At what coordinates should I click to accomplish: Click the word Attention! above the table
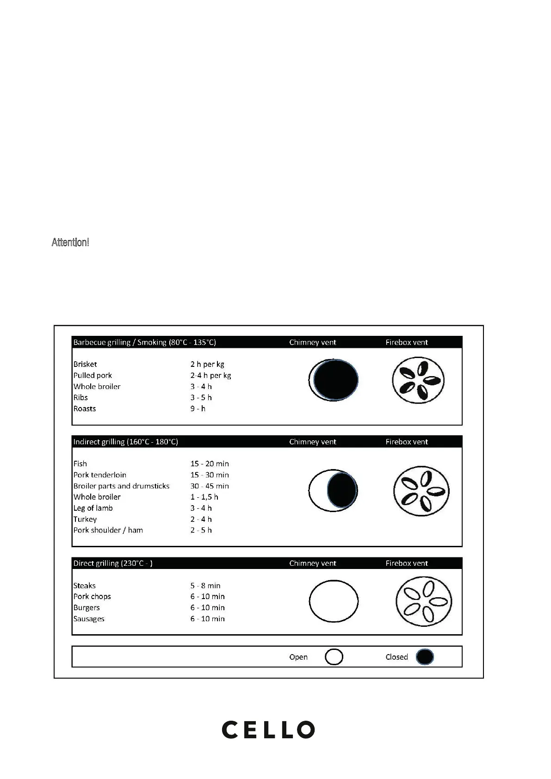pyautogui.click(x=70, y=242)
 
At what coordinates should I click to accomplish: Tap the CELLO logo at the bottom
pyautogui.click(x=268, y=730)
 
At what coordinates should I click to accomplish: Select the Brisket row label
pyautogui.click(x=85, y=365)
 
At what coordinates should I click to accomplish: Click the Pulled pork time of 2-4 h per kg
pyautogui.click(x=210, y=376)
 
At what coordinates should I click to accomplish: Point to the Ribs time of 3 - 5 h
pyautogui.click(x=201, y=398)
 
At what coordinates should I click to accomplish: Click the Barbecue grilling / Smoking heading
pyautogui.click(x=144, y=342)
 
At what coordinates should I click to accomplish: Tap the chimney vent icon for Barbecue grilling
pyautogui.click(x=334, y=380)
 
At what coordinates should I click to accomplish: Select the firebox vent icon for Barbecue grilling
pyautogui.click(x=418, y=380)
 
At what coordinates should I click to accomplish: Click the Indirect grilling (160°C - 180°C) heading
pyautogui.click(x=125, y=442)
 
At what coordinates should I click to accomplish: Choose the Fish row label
pyautogui.click(x=80, y=464)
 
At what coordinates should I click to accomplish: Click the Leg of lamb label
pyautogui.click(x=93, y=508)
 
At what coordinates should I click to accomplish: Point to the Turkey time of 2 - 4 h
pyautogui.click(x=201, y=519)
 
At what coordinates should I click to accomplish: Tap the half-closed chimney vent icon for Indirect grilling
pyautogui.click(x=334, y=490)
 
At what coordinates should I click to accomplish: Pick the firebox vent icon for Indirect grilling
pyautogui.click(x=421, y=491)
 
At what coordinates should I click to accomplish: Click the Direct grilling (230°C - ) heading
pyautogui.click(x=113, y=563)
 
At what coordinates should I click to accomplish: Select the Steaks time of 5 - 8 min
pyautogui.click(x=205, y=586)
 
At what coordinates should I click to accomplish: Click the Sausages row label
pyautogui.click(x=89, y=619)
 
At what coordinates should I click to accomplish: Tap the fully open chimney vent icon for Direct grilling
pyautogui.click(x=334, y=601)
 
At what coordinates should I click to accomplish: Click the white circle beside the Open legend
pyautogui.click(x=334, y=657)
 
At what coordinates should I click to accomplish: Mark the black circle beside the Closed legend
pyautogui.click(x=425, y=657)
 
